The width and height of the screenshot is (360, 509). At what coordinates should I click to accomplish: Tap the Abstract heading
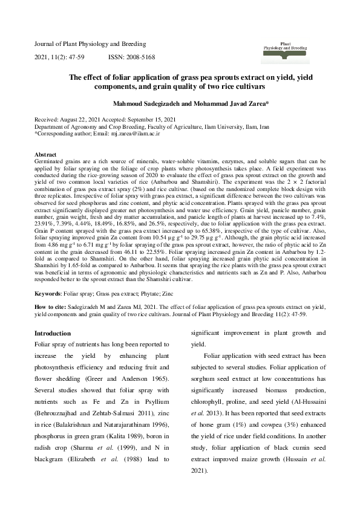pyautogui.click(x=46, y=155)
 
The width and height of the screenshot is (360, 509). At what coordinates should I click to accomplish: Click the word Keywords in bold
pyautogui.click(x=47, y=293)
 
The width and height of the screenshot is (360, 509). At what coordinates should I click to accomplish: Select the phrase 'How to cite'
pyautogui.click(x=50, y=306)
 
